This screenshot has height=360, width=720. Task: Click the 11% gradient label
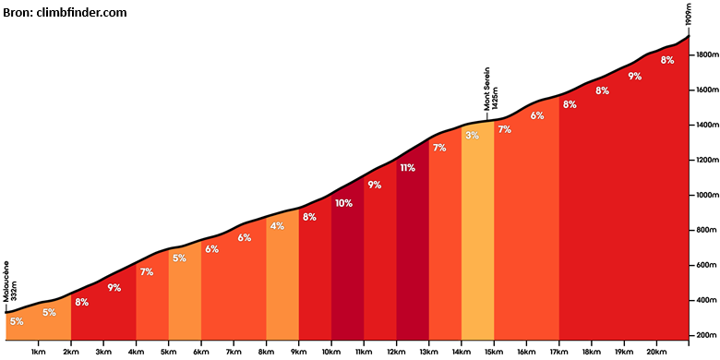[407, 168]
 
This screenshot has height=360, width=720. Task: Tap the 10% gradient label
[343, 203]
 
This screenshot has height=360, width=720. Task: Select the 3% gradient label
[472, 136]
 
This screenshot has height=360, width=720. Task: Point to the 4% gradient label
[277, 226]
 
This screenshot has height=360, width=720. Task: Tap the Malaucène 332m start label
[9, 281]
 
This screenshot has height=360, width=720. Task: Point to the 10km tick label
[330, 352]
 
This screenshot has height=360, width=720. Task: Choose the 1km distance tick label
[39, 352]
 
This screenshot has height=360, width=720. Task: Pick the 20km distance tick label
[656, 352]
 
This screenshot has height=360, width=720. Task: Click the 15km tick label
[494, 352]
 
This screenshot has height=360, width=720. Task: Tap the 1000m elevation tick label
[704, 195]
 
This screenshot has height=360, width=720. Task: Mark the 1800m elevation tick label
[704, 55]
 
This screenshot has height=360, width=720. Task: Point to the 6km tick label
[200, 352]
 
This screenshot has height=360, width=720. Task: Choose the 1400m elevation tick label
[704, 125]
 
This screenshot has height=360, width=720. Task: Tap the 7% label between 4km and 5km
[147, 271]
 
